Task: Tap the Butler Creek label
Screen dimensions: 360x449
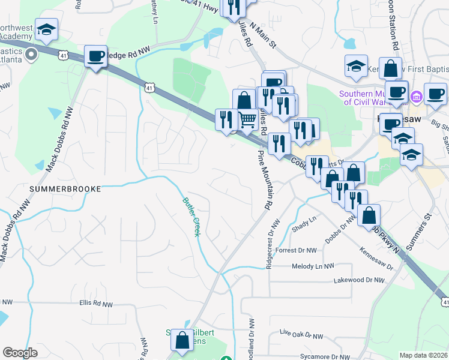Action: coord(191,217)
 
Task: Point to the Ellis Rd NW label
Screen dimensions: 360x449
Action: coord(96,304)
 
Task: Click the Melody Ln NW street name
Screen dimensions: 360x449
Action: coord(312,266)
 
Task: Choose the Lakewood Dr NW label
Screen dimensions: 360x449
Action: coord(358,280)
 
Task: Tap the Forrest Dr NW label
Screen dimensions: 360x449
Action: coord(302,250)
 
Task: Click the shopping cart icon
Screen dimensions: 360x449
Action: coord(248,120)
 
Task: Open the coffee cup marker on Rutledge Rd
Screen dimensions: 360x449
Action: coord(96,56)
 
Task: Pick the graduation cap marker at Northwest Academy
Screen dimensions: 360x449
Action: coord(46,28)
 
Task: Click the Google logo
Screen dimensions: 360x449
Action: coord(19,353)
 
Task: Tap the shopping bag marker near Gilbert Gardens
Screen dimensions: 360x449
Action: coord(181,340)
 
